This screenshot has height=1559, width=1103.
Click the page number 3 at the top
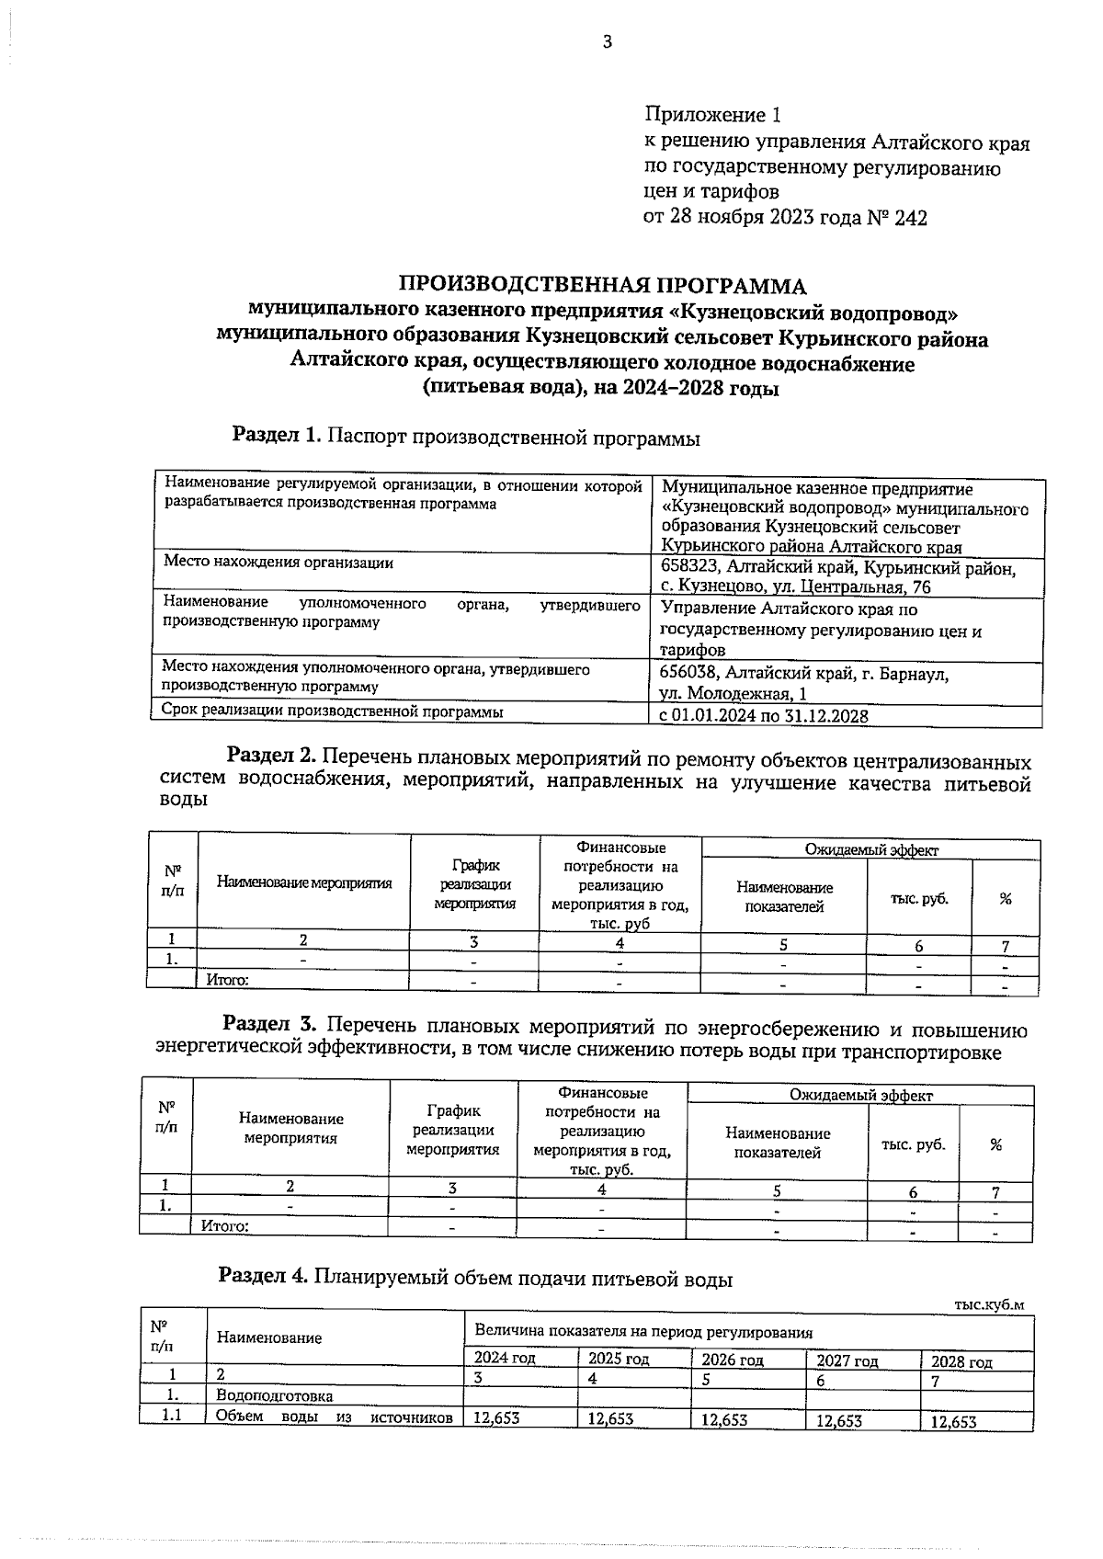(606, 41)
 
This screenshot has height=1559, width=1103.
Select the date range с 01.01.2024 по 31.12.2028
(764, 716)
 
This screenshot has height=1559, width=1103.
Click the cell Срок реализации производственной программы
(333, 711)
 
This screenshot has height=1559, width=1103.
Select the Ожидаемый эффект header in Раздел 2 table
(870, 850)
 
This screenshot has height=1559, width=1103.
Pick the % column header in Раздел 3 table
(995, 1145)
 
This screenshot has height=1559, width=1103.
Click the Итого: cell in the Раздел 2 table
(226, 980)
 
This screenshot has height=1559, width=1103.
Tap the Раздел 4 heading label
(263, 1276)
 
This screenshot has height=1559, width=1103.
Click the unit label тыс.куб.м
(988, 1305)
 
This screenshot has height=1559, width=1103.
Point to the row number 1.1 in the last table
(171, 1416)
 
